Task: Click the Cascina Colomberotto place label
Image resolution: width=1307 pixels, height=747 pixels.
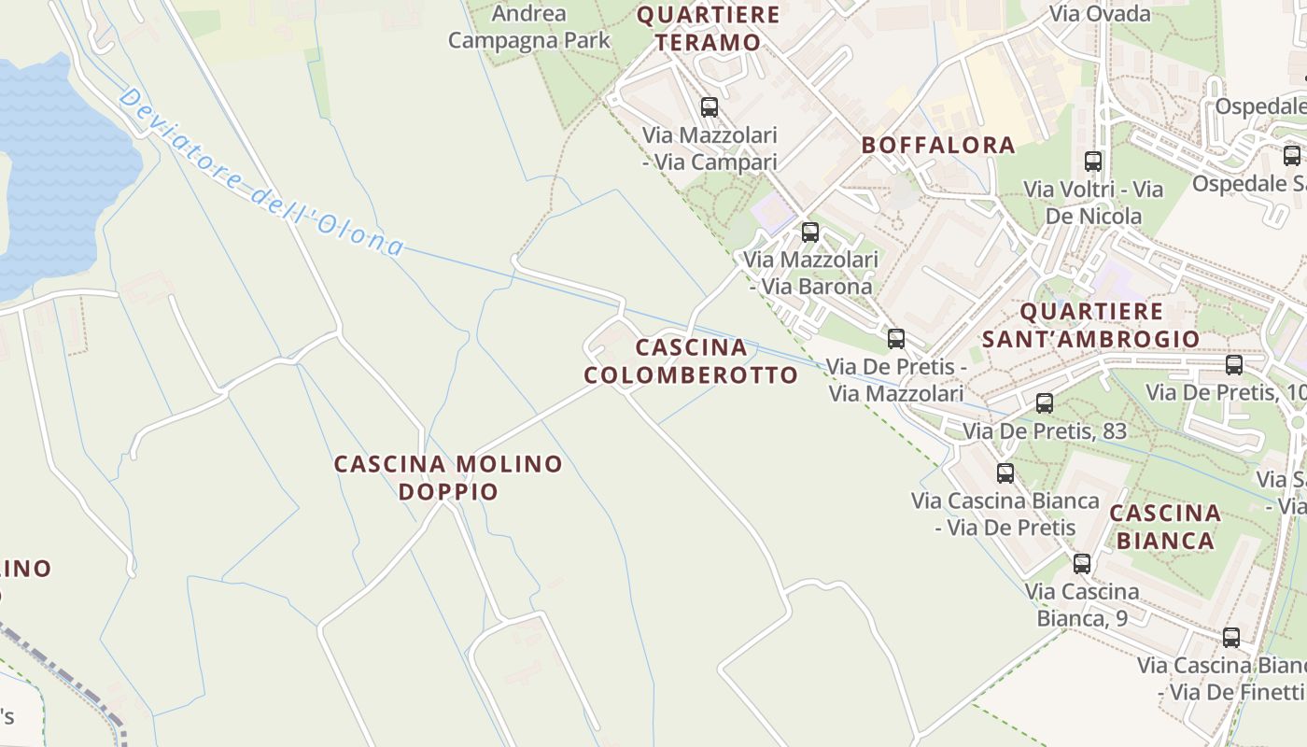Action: tap(691, 361)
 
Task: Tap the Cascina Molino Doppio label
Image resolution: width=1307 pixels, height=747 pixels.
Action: tap(448, 477)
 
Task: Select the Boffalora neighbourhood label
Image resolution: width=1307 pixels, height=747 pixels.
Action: tap(938, 145)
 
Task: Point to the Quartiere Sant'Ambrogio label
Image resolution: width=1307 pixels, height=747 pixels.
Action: tap(1091, 325)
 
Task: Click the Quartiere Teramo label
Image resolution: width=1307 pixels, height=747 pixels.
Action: tap(708, 28)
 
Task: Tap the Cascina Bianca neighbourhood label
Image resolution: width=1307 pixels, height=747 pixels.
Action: tap(1165, 527)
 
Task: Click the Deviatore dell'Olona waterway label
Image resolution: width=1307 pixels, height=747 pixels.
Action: tap(261, 174)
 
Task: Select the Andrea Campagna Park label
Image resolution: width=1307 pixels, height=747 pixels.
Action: tap(528, 27)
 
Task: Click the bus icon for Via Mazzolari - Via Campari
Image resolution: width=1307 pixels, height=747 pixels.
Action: tap(710, 107)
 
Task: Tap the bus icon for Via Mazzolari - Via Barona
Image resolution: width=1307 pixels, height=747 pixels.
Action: tap(810, 233)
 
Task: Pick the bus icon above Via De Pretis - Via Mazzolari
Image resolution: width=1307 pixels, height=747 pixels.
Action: tap(896, 339)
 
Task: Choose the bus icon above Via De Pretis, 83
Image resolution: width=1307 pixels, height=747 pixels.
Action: tap(1045, 403)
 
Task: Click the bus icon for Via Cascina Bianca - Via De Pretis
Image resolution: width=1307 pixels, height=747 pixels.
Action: tap(1005, 473)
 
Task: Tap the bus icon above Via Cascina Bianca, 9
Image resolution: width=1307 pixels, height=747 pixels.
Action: tap(1082, 564)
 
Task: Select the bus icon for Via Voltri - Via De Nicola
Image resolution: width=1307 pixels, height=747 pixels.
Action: tap(1093, 162)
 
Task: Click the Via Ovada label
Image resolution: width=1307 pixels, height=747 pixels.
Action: tap(1100, 13)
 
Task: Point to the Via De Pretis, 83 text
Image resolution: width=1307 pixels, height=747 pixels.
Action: tap(1045, 431)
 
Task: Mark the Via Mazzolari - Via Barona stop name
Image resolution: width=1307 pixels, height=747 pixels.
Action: tap(810, 273)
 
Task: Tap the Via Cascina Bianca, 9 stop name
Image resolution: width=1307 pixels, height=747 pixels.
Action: tap(1082, 605)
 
